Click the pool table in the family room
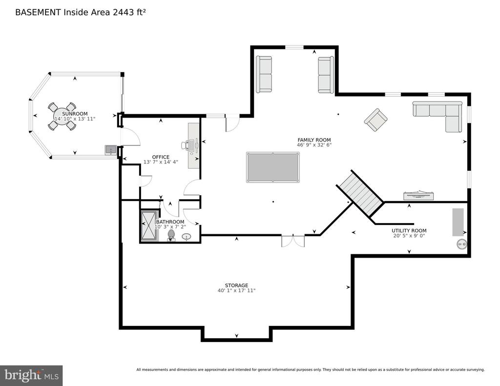(x=272, y=167)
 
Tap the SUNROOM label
(x=75, y=114)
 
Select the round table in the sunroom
(x=62, y=116)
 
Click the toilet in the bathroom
(x=171, y=235)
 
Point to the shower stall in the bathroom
(x=149, y=225)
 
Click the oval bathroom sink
(x=187, y=237)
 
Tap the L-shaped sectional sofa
(x=441, y=114)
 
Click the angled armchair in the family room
(x=376, y=120)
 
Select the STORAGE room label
(x=236, y=285)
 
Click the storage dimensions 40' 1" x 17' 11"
(x=236, y=291)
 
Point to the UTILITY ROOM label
(x=409, y=231)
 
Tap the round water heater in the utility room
(x=462, y=244)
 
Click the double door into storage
(x=293, y=241)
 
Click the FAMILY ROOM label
(x=314, y=140)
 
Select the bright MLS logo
(x=31, y=375)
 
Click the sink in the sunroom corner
(x=111, y=150)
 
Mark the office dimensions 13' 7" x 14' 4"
(x=160, y=162)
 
